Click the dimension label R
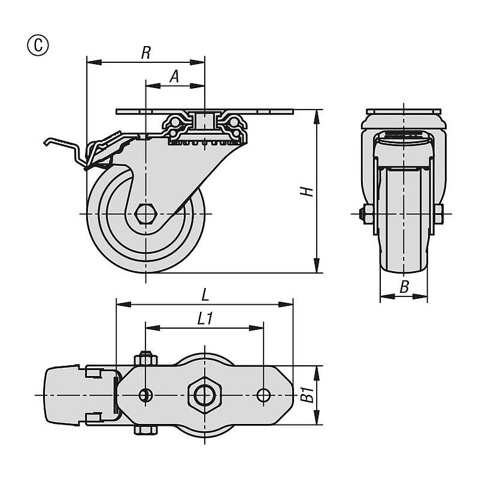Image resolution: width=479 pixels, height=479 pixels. tap(145, 53)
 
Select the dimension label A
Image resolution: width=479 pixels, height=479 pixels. tap(174, 76)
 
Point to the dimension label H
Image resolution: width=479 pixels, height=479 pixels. tap(306, 192)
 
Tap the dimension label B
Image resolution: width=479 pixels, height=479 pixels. tap(404, 288)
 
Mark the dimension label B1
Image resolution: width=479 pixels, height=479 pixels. tap(307, 395)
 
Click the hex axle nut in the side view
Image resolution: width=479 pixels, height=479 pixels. tap(145, 213)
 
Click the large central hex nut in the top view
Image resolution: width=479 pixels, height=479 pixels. tap(204, 395)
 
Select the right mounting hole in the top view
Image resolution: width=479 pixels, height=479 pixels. tap(263, 395)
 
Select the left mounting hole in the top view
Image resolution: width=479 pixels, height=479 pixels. tap(145, 395)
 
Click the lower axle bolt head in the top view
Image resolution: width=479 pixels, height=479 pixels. tap(145, 431)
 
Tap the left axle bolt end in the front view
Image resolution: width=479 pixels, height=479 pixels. tap(363, 213)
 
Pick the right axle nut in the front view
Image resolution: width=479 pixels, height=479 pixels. tap(440, 213)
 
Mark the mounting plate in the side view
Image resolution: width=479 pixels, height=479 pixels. tap(204, 111)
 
